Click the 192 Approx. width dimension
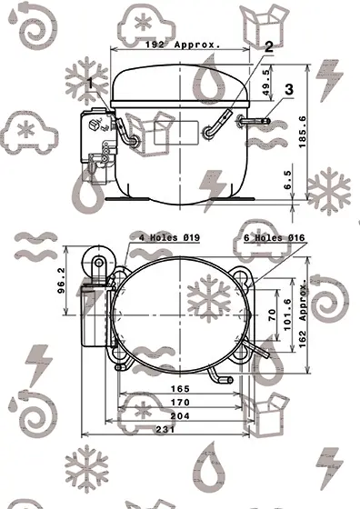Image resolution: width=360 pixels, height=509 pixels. coord(183,45)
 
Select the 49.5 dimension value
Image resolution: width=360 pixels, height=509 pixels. coord(265,83)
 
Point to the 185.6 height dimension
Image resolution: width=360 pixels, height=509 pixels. coord(302,132)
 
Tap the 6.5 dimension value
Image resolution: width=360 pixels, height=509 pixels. coord(287,180)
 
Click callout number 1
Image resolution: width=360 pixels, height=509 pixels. coord(90,84)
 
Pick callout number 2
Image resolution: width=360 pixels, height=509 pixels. coord(269,47)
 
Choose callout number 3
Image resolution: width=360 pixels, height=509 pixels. coord(288,89)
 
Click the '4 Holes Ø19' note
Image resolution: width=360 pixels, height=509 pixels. coord(169,237)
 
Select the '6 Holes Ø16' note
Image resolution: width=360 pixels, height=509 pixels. coord(275,238)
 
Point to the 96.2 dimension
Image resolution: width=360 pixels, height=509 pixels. coord(61,281)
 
